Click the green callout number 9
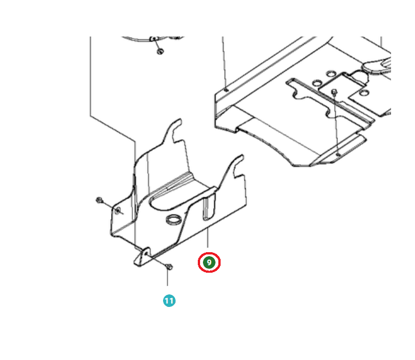pyautogui.click(x=209, y=262)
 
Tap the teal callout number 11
pyautogui.click(x=169, y=301)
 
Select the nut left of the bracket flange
pyautogui.click(x=99, y=200)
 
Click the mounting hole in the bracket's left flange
pyautogui.click(x=118, y=211)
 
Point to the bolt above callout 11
pyautogui.click(x=169, y=266)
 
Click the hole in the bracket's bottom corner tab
pyautogui.click(x=145, y=253)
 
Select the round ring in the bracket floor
pyautogui.click(x=174, y=220)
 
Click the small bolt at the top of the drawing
pyautogui.click(x=160, y=51)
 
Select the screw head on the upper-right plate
pyautogui.click(x=334, y=92)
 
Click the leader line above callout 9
pyautogui.click(x=207, y=237)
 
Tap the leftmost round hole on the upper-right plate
pyautogui.click(x=317, y=83)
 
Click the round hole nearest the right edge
pyautogui.click(x=364, y=93)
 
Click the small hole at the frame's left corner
pyautogui.click(x=226, y=90)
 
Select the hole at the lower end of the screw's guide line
pyautogui.click(x=337, y=154)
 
